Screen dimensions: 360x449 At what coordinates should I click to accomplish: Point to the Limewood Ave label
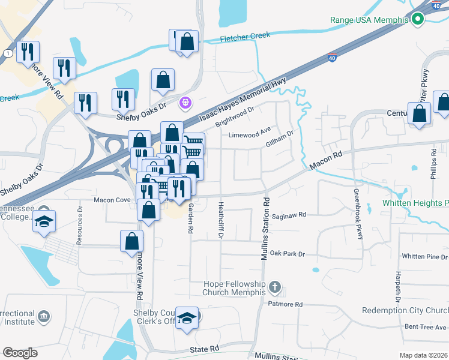pos(250,134)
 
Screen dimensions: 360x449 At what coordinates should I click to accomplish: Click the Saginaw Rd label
pos(289,214)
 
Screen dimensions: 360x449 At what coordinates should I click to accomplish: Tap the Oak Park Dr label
pos(287,254)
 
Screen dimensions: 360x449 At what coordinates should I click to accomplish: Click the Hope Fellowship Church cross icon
pos(276,286)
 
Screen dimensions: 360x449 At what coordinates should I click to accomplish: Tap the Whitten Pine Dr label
pos(424,256)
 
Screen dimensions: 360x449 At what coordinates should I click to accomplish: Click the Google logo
pos(20,353)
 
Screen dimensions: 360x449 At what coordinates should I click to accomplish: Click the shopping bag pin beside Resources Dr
pos(132,241)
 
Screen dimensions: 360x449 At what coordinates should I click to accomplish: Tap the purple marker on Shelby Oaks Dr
pos(185,103)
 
